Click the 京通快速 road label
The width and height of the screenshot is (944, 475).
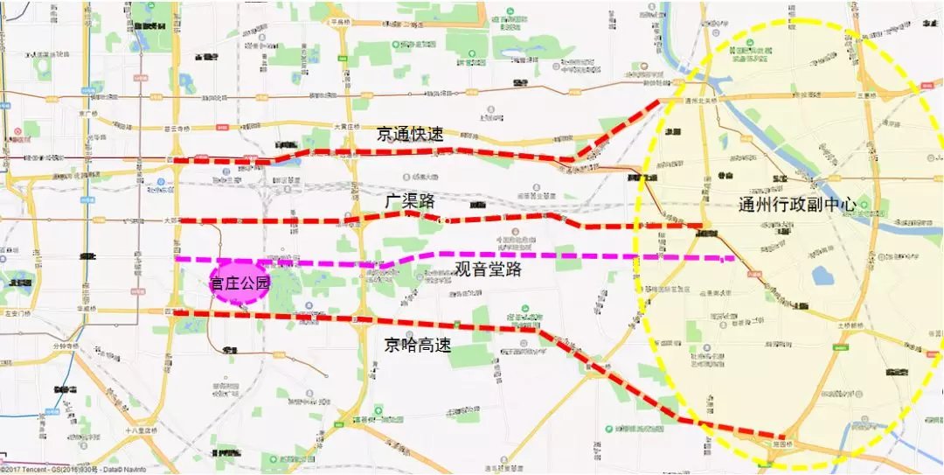410,135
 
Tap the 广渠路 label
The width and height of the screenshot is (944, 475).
410,201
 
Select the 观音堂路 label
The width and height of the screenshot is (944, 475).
488,269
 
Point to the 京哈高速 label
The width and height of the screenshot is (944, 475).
418,345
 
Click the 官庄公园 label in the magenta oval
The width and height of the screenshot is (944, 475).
239,283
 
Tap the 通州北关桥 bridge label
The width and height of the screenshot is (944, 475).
701,101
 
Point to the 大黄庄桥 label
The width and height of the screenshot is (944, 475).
346,127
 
